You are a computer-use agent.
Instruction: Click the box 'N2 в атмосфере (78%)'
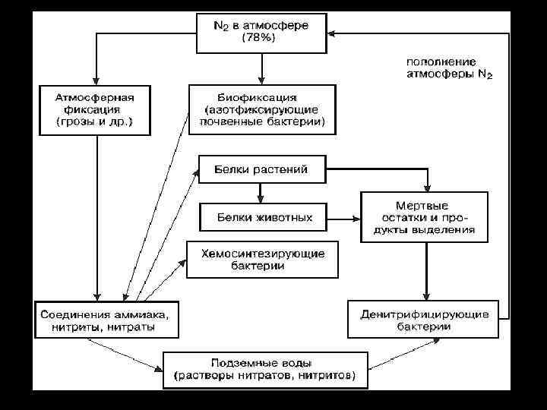pyautogui.click(x=261, y=33)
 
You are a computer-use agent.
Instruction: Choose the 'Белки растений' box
pyautogui.click(x=264, y=169)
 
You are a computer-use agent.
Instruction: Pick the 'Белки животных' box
pyautogui.click(x=264, y=216)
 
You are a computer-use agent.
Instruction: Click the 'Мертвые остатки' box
pyautogui.click(x=424, y=216)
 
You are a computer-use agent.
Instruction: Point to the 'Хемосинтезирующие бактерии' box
pyautogui.click(x=263, y=260)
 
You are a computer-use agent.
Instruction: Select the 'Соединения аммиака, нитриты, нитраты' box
pyautogui.click(x=107, y=319)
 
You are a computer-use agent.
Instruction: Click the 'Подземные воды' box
pyautogui.click(x=264, y=370)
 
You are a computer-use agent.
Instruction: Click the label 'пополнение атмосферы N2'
pyautogui.click(x=449, y=68)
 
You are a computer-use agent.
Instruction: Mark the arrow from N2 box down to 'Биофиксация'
pyautogui.click(x=261, y=68)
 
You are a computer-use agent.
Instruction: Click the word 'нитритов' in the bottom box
pyautogui.click(x=330, y=376)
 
